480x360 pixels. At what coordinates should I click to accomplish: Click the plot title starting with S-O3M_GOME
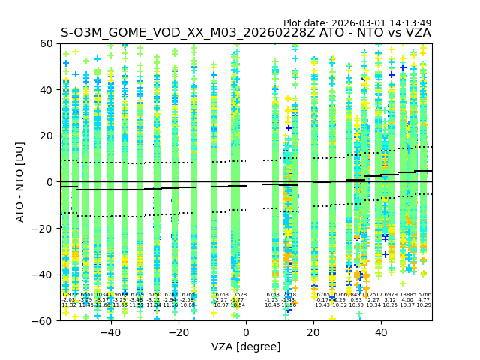click(245, 33)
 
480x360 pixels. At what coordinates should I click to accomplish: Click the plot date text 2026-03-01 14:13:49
click(357, 23)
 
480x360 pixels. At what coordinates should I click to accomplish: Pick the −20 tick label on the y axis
click(45, 228)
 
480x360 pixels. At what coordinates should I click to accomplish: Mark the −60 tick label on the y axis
click(45, 320)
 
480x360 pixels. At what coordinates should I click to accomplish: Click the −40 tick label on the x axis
click(110, 332)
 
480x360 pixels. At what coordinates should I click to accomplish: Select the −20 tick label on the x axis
click(178, 332)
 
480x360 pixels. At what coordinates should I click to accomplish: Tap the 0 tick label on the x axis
click(246, 332)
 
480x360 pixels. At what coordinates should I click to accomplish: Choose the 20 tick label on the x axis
click(314, 332)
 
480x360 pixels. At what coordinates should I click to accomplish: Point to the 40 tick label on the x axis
click(382, 332)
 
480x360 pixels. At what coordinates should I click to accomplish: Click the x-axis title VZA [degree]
click(246, 346)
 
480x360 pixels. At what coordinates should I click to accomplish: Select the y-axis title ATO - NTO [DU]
click(21, 182)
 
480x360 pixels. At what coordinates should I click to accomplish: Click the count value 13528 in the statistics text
click(238, 295)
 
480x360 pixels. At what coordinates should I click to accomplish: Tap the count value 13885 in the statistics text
click(407, 295)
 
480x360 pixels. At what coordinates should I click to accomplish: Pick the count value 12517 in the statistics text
click(373, 295)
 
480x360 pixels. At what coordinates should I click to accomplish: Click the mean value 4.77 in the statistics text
click(424, 300)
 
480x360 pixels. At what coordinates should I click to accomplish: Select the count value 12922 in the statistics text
click(69, 295)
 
